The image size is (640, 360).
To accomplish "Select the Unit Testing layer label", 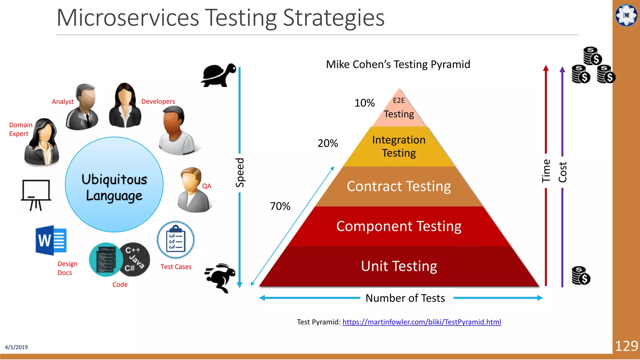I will pyautogui.click(x=399, y=266).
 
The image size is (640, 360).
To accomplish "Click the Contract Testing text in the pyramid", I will pyautogui.click(x=399, y=186).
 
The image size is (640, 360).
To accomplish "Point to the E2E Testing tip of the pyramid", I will pyautogui.click(x=399, y=108).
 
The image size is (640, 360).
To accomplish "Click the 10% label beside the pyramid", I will pyautogui.click(x=364, y=103).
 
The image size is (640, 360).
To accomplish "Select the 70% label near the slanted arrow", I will pyautogui.click(x=280, y=206).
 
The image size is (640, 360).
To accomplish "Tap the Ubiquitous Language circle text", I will pyautogui.click(x=114, y=187).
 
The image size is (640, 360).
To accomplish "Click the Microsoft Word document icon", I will pyautogui.click(x=51, y=240).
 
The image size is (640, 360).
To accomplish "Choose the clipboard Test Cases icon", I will pyautogui.click(x=176, y=240).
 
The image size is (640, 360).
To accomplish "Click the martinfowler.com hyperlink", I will pyautogui.click(x=422, y=322).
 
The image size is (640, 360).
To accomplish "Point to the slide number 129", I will pyautogui.click(x=626, y=346).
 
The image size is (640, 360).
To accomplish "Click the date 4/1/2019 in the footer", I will pyautogui.click(x=16, y=347).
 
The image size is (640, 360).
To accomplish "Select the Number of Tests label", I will pyautogui.click(x=405, y=298).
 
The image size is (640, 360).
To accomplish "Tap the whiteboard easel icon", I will pyautogui.click(x=36, y=195).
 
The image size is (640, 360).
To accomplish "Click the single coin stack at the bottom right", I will pyautogui.click(x=581, y=276).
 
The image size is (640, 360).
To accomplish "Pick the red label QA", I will pyautogui.click(x=207, y=186).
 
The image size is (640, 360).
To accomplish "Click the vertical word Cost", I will pyautogui.click(x=562, y=172).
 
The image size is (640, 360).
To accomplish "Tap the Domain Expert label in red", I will pyautogui.click(x=21, y=129).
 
